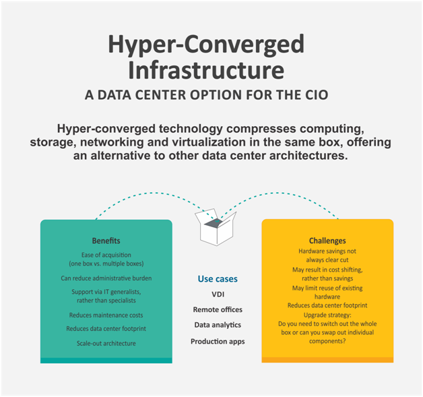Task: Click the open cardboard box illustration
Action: pyautogui.click(x=216, y=227)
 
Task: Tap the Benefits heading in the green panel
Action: pyautogui.click(x=106, y=241)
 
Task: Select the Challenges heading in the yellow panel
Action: pyautogui.click(x=327, y=241)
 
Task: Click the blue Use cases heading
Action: pyautogui.click(x=218, y=279)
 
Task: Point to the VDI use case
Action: pyautogui.click(x=218, y=294)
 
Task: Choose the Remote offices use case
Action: pyautogui.click(x=218, y=309)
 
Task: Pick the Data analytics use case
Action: pyautogui.click(x=218, y=325)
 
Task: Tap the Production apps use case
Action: pyautogui.click(x=218, y=342)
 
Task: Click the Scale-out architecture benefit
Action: pyautogui.click(x=106, y=343)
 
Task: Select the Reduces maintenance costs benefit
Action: pyautogui.click(x=106, y=315)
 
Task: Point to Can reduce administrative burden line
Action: pyautogui.click(x=106, y=278)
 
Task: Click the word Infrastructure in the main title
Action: pyautogui.click(x=206, y=70)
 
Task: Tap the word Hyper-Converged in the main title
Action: pyautogui.click(x=206, y=44)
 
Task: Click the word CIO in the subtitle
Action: pyautogui.click(x=317, y=95)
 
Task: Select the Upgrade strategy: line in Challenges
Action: pyautogui.click(x=327, y=315)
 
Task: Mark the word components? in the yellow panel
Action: pyautogui.click(x=327, y=341)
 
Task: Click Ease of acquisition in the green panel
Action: pyautogui.click(x=106, y=255)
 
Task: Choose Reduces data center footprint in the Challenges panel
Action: pyautogui.click(x=327, y=305)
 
